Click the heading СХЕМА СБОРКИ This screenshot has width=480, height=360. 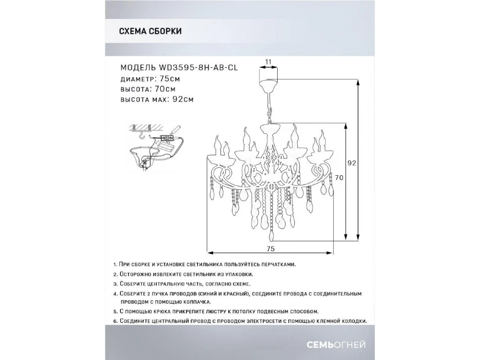click(150, 31)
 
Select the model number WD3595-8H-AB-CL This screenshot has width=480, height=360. click(198, 68)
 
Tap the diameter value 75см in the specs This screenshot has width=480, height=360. click(170, 79)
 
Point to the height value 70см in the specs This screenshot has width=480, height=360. click(165, 89)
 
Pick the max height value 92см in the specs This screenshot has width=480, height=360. click(183, 99)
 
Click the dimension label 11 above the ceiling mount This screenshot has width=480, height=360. click(268, 62)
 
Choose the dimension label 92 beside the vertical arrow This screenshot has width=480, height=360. click(352, 163)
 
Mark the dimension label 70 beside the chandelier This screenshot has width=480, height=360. click(339, 178)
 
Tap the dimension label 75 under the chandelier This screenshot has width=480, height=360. click(270, 248)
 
